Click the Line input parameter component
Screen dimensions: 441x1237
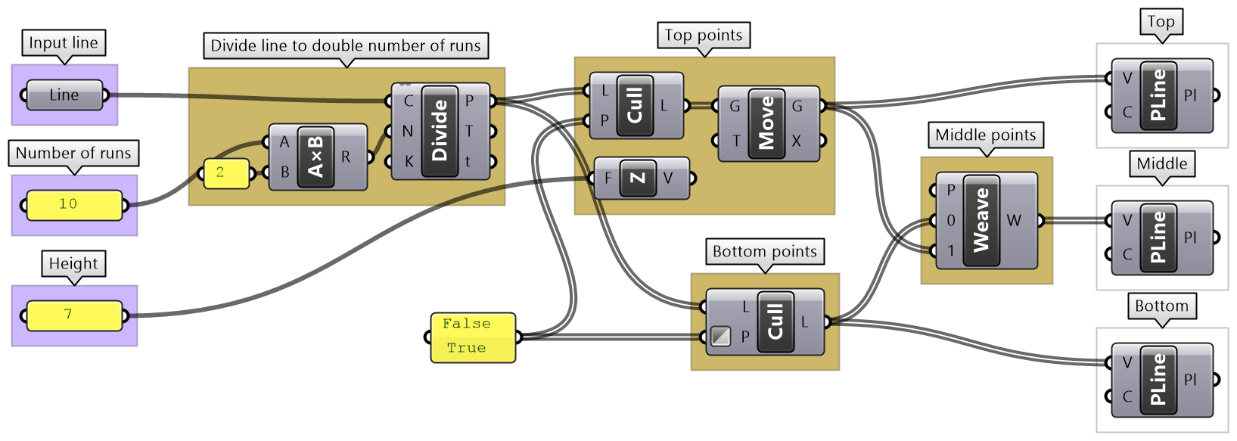64,95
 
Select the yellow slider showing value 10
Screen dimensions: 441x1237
74,205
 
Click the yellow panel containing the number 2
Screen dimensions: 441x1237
225,173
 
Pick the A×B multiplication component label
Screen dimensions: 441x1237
315,157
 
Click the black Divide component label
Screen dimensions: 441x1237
440,131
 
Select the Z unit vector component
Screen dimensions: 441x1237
638,178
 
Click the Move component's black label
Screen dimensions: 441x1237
766,123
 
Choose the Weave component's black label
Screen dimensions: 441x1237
981,220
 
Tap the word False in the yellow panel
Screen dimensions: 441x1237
466,324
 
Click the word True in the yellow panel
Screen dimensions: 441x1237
466,348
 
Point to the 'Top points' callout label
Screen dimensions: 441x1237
704,36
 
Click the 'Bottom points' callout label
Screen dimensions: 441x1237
764,252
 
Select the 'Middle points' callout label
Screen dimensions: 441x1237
985,135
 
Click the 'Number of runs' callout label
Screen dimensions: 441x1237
73,154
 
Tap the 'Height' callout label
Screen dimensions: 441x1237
73,264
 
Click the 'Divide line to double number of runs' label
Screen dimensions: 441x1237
345,46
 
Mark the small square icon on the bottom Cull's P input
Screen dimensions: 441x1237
720,336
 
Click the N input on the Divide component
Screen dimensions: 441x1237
407,131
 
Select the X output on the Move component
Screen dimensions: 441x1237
797,141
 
